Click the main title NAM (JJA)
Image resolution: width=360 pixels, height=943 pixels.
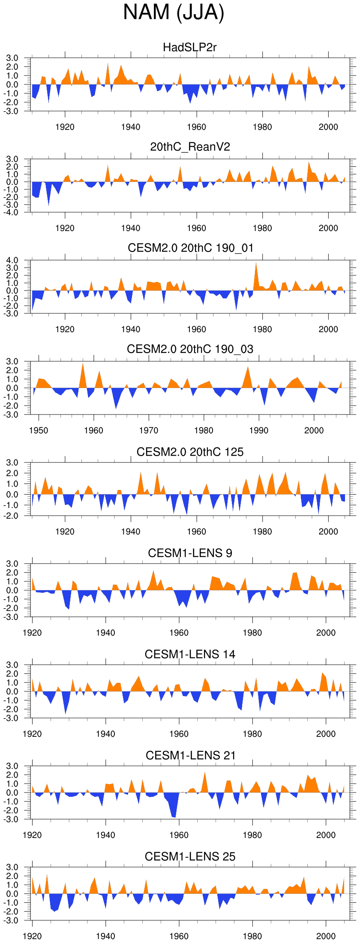174,12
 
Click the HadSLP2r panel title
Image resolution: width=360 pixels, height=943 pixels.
190,47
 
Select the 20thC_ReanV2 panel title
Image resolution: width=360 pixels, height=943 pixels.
190,147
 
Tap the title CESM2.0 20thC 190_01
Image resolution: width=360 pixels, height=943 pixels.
190,248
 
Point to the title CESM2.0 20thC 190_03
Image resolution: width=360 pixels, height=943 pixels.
190,349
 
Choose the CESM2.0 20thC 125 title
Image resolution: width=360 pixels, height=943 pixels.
190,452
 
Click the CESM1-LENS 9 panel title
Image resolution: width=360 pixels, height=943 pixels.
190,553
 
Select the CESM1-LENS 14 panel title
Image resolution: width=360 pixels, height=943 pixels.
190,655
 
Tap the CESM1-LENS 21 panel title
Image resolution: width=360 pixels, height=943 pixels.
190,756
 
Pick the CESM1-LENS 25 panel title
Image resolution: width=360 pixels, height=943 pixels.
190,857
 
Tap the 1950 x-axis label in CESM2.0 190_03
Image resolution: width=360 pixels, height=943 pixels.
39,430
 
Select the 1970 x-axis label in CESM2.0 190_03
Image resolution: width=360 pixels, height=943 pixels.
149,430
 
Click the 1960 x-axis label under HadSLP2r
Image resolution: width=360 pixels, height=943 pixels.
196,127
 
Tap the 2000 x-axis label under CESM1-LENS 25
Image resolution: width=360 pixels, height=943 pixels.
326,936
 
